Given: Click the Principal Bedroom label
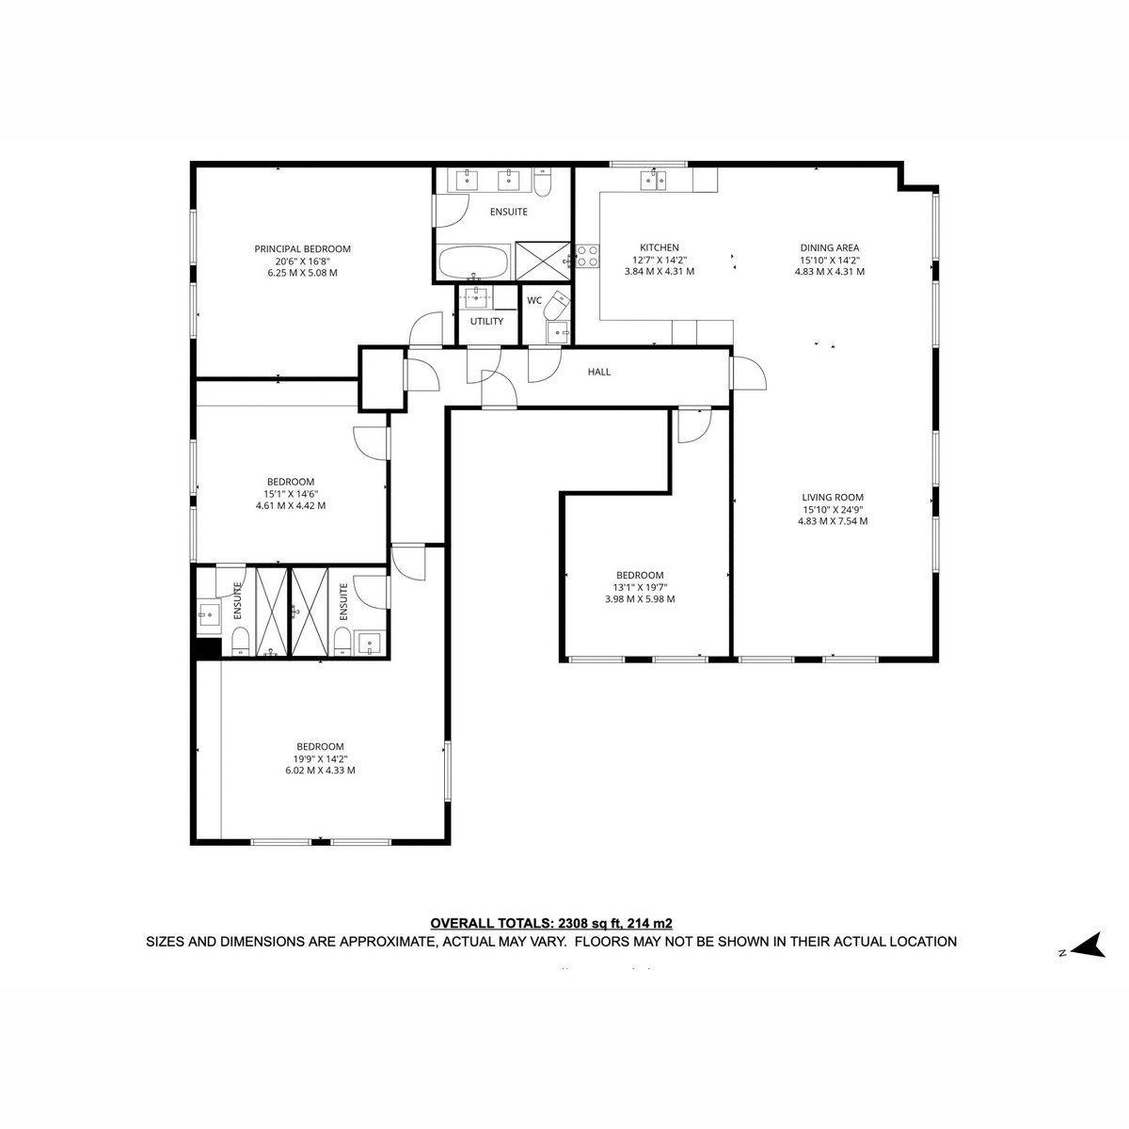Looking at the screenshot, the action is (x=302, y=249).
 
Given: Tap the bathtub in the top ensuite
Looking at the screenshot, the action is (x=473, y=262).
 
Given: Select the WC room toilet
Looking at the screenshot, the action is (x=557, y=305).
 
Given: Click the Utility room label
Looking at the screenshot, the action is (x=486, y=321).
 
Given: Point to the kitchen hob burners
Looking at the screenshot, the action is (x=587, y=256).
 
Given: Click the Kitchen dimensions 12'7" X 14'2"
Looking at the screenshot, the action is (x=660, y=260).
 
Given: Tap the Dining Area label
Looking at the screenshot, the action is (x=830, y=247).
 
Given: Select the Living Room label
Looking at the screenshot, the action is (x=833, y=498).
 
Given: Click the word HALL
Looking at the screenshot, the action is (x=598, y=372).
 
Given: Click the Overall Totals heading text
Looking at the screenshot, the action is (x=551, y=923).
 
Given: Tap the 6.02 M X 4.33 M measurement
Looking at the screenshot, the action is (x=320, y=771).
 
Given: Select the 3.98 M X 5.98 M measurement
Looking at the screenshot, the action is (x=640, y=598).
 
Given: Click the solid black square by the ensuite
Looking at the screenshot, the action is (x=209, y=648).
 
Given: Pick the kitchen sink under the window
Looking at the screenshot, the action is (x=652, y=180).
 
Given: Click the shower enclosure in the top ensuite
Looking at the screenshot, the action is (x=543, y=261).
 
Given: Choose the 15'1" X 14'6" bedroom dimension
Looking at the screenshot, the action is (x=291, y=494).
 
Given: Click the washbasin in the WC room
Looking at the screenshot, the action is (x=557, y=332).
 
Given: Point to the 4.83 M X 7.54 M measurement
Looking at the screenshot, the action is (x=833, y=521).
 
